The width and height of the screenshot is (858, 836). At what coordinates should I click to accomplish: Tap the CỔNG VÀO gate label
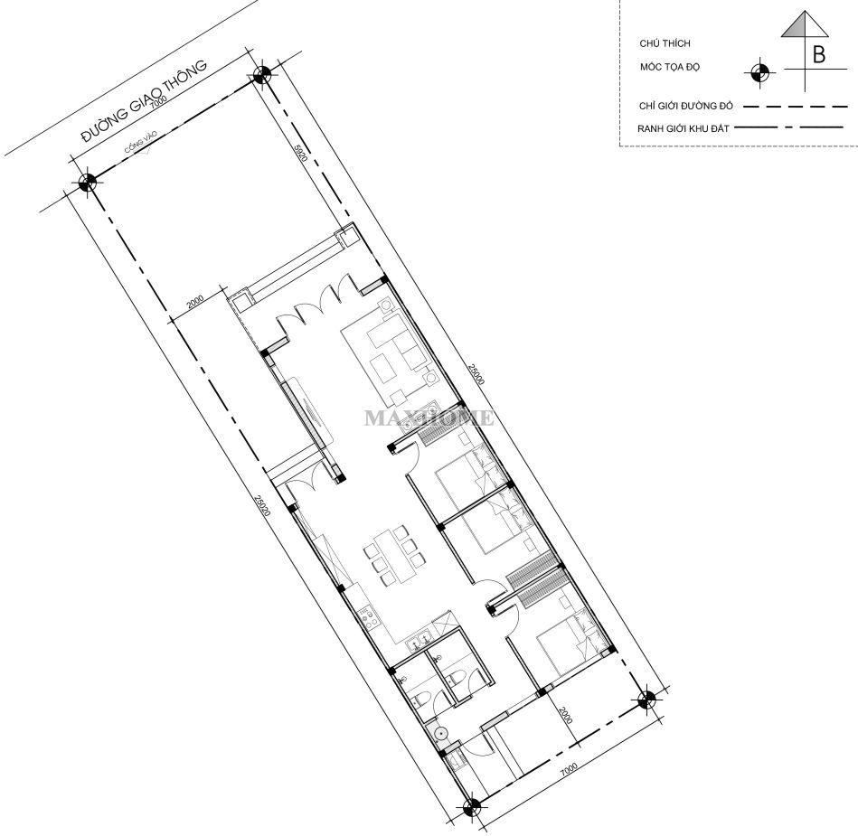click(140, 148)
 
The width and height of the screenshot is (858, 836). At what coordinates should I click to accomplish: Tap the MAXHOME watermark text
click(429, 418)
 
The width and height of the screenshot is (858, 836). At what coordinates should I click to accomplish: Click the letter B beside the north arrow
click(819, 54)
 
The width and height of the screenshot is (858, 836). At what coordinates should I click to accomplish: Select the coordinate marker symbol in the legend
click(759, 70)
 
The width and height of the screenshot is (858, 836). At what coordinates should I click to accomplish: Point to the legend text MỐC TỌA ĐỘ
click(670, 68)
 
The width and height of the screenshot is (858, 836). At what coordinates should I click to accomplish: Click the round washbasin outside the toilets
click(442, 734)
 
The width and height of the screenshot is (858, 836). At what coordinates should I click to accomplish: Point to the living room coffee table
click(383, 368)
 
